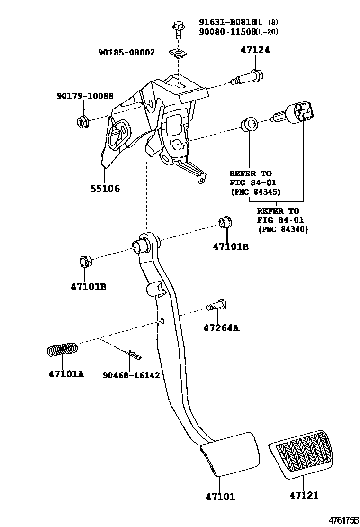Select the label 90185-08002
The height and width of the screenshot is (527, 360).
click(126, 53)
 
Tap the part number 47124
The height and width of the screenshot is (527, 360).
click(255, 50)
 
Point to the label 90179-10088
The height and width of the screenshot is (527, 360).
click(85, 96)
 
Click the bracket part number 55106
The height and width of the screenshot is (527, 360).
click(105, 189)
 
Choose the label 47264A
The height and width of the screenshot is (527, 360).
click(221, 327)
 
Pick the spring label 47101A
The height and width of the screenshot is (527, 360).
click(66, 374)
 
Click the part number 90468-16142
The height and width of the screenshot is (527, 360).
click(131, 375)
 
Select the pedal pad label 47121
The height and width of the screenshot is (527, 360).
click(304, 495)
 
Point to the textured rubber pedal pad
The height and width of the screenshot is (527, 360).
click(301, 454)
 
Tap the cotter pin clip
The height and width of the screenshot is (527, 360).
click(132, 354)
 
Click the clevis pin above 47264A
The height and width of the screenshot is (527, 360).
click(216, 305)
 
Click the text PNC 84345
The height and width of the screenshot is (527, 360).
click(256, 192)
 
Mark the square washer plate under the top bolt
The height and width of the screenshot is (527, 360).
click(178, 53)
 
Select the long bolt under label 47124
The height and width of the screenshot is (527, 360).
click(247, 78)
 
